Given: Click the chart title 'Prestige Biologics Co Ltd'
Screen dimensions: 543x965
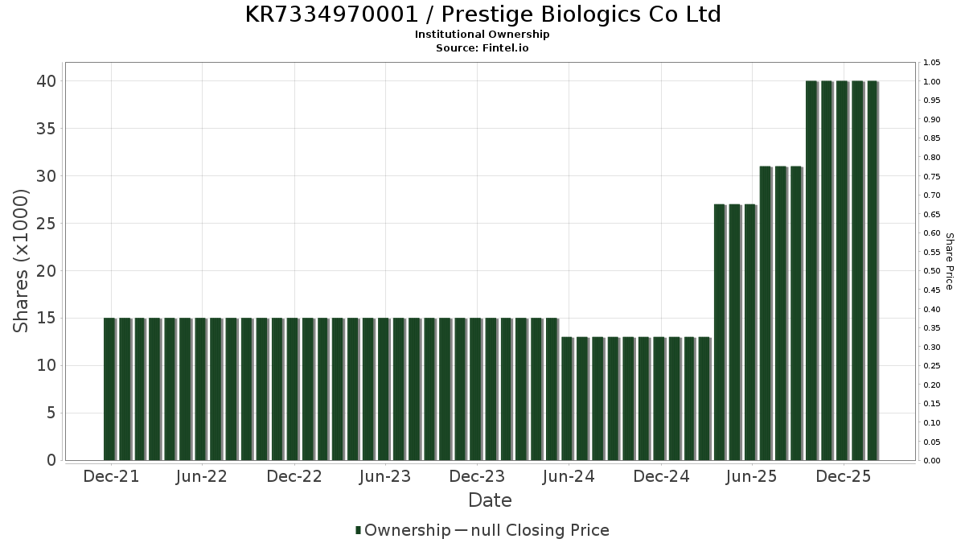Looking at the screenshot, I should [x=482, y=14].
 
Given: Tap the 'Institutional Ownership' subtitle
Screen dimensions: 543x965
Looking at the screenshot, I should [x=482, y=35].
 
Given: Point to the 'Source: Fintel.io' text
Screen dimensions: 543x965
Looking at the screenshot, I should [x=482, y=47].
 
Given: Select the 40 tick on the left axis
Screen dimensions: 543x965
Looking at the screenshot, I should [x=45, y=81].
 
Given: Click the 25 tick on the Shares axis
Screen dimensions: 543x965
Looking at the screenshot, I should [x=45, y=224].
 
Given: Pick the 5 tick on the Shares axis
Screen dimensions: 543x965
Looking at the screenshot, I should [x=50, y=413].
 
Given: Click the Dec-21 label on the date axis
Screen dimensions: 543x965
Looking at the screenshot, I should [x=111, y=476].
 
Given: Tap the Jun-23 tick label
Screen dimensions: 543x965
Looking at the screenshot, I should [x=385, y=476].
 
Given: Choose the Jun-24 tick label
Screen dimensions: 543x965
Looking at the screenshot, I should [x=569, y=476].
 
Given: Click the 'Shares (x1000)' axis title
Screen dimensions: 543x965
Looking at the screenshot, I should [x=22, y=261].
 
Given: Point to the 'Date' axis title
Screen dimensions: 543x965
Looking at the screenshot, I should [x=490, y=500].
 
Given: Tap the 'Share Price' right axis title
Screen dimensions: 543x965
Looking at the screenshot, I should [x=949, y=261].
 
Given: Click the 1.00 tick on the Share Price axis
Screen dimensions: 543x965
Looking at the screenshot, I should [x=933, y=82].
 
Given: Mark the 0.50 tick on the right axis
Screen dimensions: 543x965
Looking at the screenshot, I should [x=933, y=271].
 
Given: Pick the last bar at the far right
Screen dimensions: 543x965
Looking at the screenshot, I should [x=873, y=270].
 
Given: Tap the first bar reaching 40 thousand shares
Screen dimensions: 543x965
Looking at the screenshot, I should [x=811, y=270].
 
